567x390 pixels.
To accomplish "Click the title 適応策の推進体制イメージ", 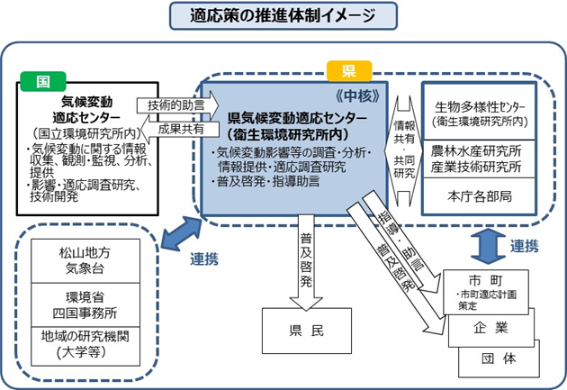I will tap(282, 16).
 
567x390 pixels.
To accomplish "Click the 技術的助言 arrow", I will tap(169, 104).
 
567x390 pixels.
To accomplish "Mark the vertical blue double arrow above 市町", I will tap(481, 241).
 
